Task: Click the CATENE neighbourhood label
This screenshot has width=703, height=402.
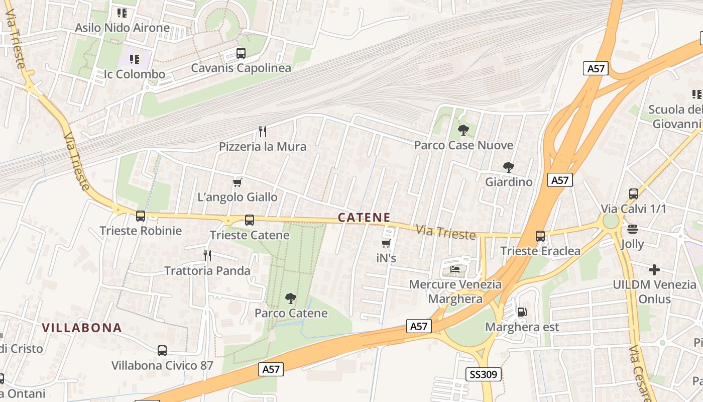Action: (364, 218)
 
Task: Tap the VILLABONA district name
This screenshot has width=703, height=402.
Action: (82, 328)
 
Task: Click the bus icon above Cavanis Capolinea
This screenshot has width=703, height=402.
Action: (241, 53)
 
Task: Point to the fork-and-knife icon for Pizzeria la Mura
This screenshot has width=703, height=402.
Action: (262, 132)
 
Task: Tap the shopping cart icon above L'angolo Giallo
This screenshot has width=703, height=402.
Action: (238, 182)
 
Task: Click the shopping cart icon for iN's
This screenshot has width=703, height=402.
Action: (386, 244)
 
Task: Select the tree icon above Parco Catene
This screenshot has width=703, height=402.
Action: (290, 298)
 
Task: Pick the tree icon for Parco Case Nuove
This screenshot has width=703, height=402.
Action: (463, 130)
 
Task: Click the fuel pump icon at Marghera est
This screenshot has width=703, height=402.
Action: (522, 312)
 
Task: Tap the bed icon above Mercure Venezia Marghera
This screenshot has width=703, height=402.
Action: (455, 269)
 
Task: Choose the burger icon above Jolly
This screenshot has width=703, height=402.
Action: (632, 230)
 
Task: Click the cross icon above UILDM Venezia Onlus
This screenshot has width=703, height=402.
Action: (654, 270)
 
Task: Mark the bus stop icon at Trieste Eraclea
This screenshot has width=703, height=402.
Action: (540, 236)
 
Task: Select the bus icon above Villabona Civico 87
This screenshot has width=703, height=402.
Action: (162, 350)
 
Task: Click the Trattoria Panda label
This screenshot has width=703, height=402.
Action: (207, 271)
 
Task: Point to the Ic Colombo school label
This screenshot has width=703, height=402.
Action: (134, 74)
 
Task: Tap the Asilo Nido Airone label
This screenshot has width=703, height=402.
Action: (122, 28)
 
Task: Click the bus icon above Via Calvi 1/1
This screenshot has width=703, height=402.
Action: (634, 193)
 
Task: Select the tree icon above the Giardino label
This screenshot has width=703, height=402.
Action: (509, 167)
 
